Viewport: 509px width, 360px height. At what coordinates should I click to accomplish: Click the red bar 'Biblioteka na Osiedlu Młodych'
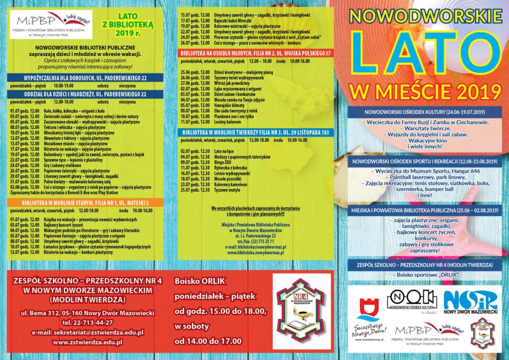254,53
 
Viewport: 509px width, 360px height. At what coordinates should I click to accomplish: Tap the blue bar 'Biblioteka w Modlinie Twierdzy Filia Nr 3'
254,133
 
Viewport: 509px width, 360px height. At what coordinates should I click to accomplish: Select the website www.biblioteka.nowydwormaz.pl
255,253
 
